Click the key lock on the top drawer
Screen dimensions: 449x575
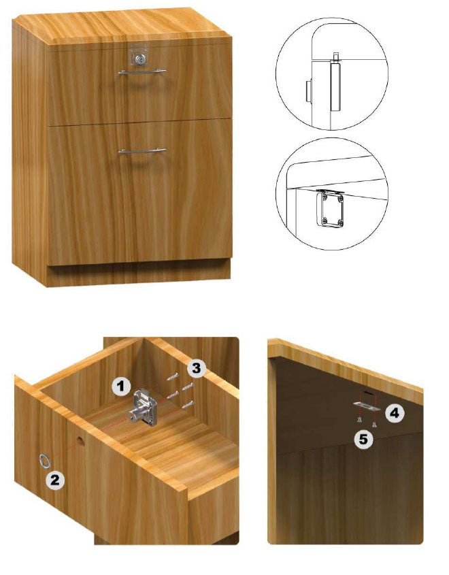[x=141, y=59]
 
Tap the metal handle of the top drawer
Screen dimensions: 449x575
[x=142, y=72]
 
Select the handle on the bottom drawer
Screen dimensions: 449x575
[x=142, y=150]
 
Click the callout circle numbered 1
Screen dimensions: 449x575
[x=121, y=386]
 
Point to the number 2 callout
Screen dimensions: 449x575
[x=55, y=480]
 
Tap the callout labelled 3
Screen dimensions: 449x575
[x=197, y=368]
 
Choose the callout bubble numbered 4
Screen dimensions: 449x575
[x=395, y=413]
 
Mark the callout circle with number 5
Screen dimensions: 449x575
[x=363, y=439]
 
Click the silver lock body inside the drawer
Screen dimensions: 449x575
[x=144, y=408]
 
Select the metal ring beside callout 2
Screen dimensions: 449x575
[x=44, y=460]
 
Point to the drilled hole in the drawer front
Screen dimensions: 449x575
[x=80, y=441]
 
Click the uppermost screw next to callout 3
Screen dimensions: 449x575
[x=173, y=376]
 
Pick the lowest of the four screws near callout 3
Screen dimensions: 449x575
[x=188, y=404]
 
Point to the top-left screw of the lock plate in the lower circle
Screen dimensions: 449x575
[x=323, y=197]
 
